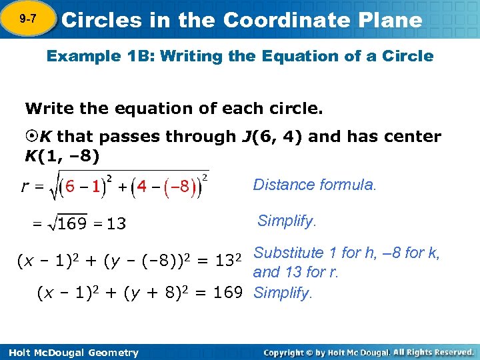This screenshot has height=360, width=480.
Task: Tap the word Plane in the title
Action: click(391, 20)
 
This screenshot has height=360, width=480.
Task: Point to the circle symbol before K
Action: click(31, 137)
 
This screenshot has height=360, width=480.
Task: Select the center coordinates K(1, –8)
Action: click(62, 157)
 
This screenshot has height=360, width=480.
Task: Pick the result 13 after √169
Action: click(116, 223)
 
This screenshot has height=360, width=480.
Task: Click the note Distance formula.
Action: click(315, 185)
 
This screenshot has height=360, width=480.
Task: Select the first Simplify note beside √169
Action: click(286, 221)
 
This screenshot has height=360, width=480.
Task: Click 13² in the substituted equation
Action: click(226, 263)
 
